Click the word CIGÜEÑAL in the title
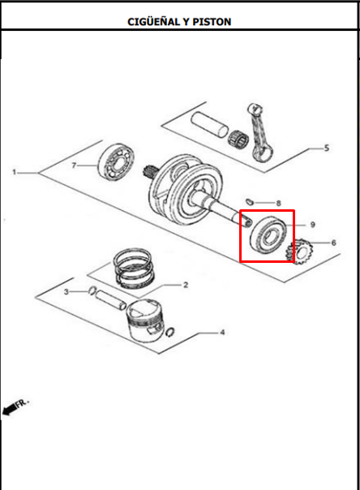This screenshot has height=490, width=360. [x=153, y=21]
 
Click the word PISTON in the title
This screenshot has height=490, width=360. [x=212, y=22]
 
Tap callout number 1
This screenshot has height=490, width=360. [x=14, y=172]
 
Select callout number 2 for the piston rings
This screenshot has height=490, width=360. [x=186, y=285]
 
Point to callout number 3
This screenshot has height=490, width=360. [x=66, y=292]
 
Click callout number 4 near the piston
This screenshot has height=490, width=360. [x=222, y=332]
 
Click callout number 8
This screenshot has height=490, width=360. [x=278, y=204]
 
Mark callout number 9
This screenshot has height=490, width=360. [x=312, y=225]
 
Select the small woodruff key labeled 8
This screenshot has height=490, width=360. [x=249, y=201]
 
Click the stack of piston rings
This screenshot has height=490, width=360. [x=134, y=268]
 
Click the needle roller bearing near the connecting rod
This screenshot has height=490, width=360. [x=238, y=139]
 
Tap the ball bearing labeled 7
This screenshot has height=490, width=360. [x=116, y=162]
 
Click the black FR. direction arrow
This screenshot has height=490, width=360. [x=10, y=409]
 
